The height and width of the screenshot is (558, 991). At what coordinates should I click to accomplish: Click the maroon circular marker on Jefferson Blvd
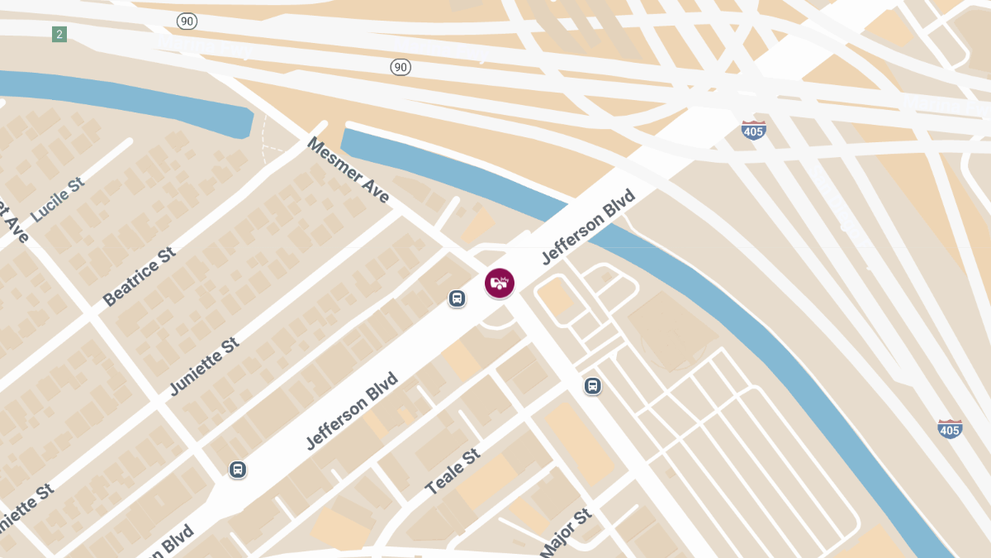point(500,283)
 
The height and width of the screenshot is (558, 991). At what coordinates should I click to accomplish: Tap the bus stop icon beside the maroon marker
point(457,298)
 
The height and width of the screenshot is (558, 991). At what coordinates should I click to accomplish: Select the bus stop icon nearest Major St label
point(592,386)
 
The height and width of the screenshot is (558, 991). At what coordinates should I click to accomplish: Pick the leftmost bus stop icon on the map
point(238,470)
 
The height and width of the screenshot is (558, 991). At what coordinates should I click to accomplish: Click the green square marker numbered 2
point(59,34)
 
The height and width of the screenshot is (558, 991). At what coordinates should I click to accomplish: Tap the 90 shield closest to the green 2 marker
point(187,20)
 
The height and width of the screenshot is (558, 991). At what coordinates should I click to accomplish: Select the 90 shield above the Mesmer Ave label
point(401,66)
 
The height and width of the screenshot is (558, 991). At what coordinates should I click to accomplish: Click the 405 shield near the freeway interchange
point(753,130)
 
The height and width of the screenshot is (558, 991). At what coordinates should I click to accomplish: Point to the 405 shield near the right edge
point(950,429)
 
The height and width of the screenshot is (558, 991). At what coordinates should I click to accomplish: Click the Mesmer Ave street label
point(348,170)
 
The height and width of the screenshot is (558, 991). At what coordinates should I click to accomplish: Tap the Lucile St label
point(58,199)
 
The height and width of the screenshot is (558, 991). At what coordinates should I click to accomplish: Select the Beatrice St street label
point(140,276)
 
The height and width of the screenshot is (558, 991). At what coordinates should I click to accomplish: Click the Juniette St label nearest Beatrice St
point(204,366)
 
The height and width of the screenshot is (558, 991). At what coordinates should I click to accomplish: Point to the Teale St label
point(453,472)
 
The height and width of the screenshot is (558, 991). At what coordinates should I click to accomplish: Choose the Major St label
point(567,532)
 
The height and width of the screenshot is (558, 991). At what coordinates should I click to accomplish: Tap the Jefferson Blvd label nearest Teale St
point(352,412)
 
